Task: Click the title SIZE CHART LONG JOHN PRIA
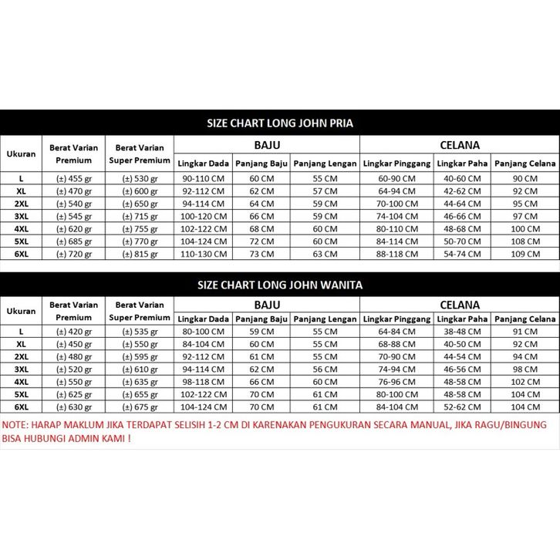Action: point(280,123)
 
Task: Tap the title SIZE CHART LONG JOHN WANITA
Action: point(280,284)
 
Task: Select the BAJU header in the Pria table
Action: point(267,144)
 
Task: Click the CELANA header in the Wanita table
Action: point(460,305)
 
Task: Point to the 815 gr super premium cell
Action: point(140,254)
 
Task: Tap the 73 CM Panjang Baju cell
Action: point(261,254)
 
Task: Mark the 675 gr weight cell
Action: point(140,407)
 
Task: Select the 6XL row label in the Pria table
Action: point(22,254)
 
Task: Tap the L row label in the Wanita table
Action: point(22,332)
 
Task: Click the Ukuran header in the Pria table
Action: point(22,154)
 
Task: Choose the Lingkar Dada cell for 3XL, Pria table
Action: point(203,217)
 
